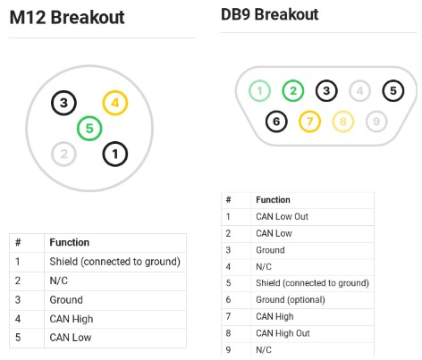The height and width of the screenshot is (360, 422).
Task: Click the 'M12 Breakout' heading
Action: click(67, 17)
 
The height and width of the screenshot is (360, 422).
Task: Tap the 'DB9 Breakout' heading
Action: click(270, 14)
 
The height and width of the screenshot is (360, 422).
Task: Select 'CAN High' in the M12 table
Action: click(72, 319)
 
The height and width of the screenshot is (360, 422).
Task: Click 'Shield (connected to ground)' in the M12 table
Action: click(114, 262)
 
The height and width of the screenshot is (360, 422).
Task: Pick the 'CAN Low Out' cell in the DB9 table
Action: click(282, 216)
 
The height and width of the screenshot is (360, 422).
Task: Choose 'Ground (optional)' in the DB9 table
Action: click(291, 299)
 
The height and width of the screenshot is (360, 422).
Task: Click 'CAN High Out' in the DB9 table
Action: click(283, 333)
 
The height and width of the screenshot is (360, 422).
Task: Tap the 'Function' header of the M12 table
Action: click(70, 242)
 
